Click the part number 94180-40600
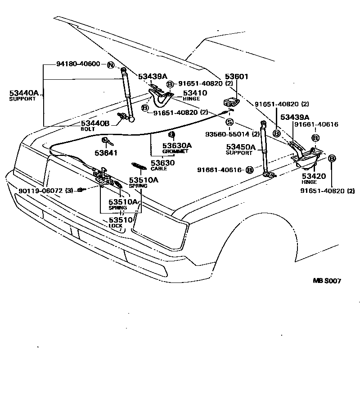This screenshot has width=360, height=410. point(78,64)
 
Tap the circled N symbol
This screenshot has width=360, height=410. point(110,65)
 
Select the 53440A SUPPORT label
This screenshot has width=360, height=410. point(24,96)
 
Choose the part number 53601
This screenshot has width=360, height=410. point(237,77)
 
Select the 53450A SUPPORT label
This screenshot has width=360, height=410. point(240,149)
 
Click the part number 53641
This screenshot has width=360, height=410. point(106,153)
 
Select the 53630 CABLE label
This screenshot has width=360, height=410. point(159,165)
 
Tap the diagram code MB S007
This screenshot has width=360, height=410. point(327,281)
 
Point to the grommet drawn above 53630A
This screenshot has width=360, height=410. point(171,134)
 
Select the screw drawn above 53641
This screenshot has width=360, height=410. point(106,141)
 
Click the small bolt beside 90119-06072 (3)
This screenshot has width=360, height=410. point(80,190)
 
